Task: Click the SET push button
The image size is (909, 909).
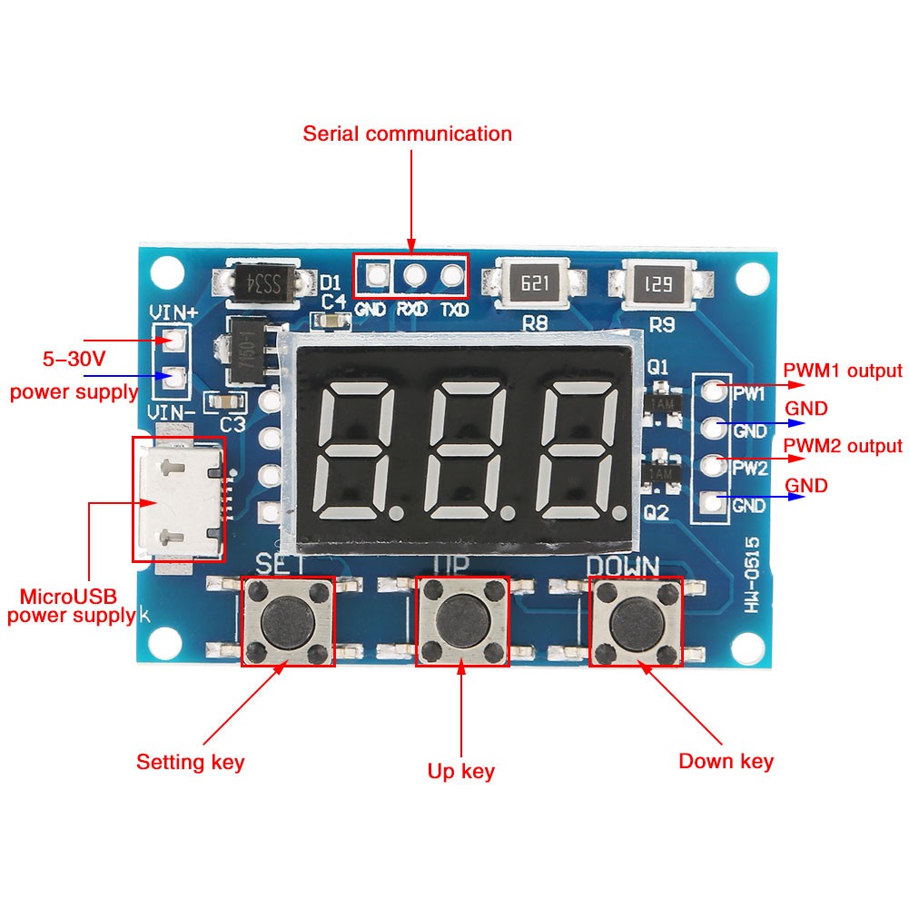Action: point(288,621)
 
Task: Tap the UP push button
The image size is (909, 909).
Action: point(462,621)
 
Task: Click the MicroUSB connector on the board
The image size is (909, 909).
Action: point(178,499)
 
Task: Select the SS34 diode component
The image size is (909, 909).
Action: point(266,282)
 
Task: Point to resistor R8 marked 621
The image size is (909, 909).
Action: point(534,283)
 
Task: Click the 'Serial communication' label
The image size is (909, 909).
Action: point(408,134)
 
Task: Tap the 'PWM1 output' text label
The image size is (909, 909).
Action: point(844,371)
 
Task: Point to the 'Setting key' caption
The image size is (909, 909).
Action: point(191,761)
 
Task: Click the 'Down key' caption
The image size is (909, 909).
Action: point(726,761)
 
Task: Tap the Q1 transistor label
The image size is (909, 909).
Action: point(657,368)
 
